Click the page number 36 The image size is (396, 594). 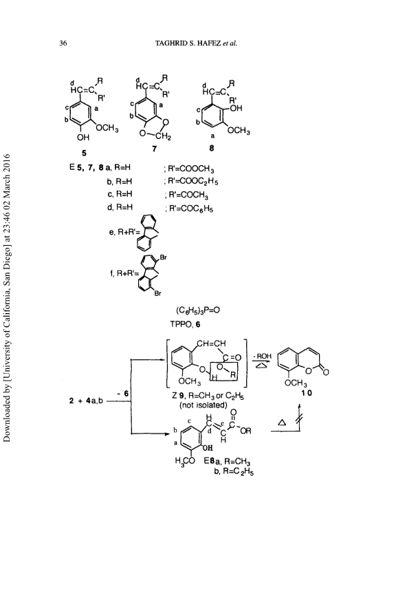coord(63,43)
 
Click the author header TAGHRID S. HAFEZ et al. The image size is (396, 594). coord(196,43)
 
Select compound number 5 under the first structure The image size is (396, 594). coord(84,153)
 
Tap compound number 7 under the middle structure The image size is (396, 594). coord(154,149)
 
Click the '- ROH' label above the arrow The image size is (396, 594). coord(263,356)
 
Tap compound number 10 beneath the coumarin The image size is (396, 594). coord(307,393)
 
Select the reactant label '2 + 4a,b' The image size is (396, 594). coord(86,401)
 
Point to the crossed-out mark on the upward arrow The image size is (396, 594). coord(300,418)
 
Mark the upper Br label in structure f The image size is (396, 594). coord(164,257)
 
